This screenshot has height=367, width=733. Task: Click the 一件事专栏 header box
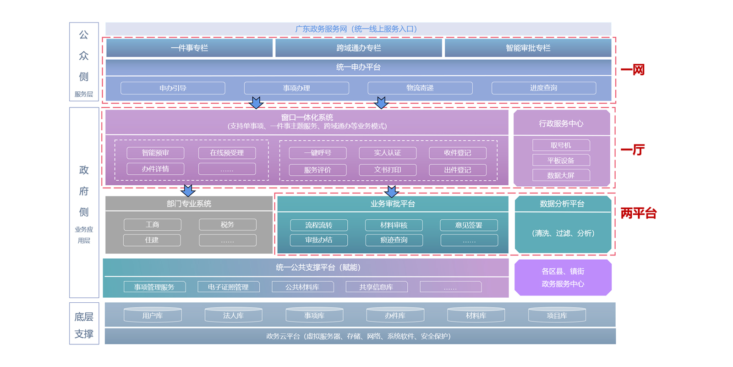click(x=189, y=48)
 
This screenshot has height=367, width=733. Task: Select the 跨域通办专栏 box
click(x=358, y=48)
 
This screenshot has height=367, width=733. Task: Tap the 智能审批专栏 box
click(x=528, y=48)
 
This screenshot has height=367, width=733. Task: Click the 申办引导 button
click(x=173, y=88)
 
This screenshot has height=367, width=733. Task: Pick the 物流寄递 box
click(x=420, y=88)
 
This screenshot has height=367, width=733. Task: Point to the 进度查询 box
click(x=543, y=88)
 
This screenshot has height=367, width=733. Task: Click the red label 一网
click(x=632, y=70)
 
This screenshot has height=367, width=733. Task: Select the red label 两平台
click(x=638, y=213)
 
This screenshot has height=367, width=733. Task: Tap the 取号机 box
click(x=561, y=145)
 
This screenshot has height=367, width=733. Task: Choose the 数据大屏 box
click(x=561, y=175)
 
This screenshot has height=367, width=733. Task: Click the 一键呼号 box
click(x=317, y=153)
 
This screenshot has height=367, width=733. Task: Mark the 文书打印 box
click(x=388, y=170)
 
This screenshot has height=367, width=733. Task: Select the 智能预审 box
click(x=155, y=153)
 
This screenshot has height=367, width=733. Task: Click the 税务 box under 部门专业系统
click(x=227, y=225)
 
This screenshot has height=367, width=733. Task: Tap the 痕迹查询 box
click(x=394, y=240)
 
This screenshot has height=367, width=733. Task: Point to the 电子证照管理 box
click(x=228, y=287)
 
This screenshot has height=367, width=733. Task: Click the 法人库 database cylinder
click(x=233, y=315)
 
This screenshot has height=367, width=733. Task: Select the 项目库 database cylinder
click(x=557, y=315)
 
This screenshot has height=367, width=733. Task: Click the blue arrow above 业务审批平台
click(x=391, y=191)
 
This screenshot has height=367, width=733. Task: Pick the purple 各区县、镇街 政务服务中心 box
click(x=563, y=278)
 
